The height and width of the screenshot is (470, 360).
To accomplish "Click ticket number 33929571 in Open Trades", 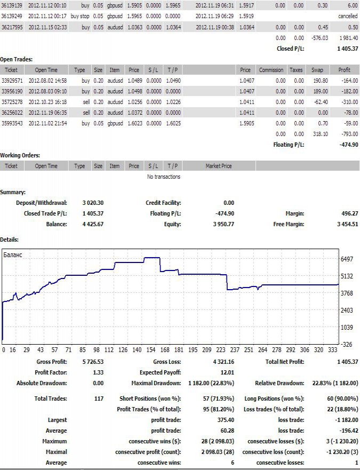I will click(x=15, y=80).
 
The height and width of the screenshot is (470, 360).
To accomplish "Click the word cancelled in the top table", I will click(x=348, y=16).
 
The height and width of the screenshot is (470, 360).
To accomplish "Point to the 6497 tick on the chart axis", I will click(x=347, y=259).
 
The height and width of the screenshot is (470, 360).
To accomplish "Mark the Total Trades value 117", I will click(x=98, y=399).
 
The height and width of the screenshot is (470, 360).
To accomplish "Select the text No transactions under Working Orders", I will click(x=163, y=177).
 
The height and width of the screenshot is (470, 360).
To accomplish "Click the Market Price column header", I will click(x=219, y=166).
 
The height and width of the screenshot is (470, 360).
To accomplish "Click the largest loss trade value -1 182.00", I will click(x=344, y=420).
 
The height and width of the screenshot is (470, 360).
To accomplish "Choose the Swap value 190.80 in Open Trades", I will click(x=320, y=80).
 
